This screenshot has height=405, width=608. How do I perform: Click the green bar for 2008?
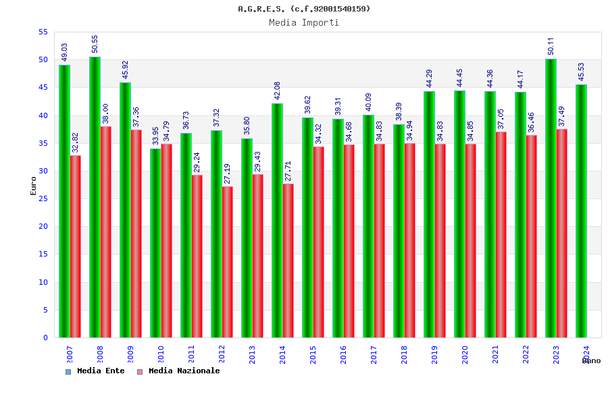(95, 197)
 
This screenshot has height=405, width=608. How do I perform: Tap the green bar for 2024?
(581, 211)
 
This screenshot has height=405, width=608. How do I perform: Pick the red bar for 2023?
(562, 233)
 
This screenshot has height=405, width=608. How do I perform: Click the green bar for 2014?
(277, 220)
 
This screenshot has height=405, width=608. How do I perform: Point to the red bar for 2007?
(76, 246)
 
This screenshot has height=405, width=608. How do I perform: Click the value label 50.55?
(95, 44)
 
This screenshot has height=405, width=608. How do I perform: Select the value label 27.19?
(228, 173)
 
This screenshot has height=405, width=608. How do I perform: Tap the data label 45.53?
(581, 72)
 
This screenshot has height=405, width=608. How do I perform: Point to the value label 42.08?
(277, 90)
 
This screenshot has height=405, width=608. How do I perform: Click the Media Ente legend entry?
(95, 371)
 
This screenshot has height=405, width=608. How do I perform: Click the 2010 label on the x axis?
(161, 354)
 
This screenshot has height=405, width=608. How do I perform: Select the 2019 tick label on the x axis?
(434, 354)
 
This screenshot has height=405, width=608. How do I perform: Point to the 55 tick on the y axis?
(43, 32)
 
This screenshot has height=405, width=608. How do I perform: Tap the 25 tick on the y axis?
(43, 198)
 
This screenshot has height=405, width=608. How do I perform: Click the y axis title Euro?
(34, 186)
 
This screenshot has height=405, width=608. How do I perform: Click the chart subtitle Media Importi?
(304, 22)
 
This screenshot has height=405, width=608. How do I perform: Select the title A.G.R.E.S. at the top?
(304, 9)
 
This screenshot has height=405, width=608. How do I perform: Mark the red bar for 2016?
(349, 241)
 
